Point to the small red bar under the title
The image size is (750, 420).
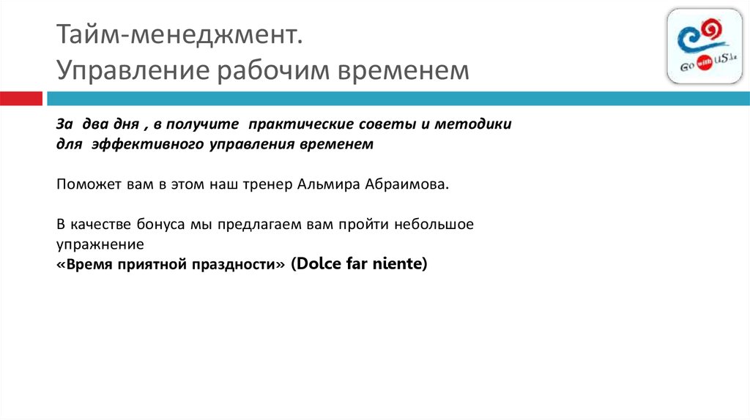click(21, 99)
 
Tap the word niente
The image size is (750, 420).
click(399, 264)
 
